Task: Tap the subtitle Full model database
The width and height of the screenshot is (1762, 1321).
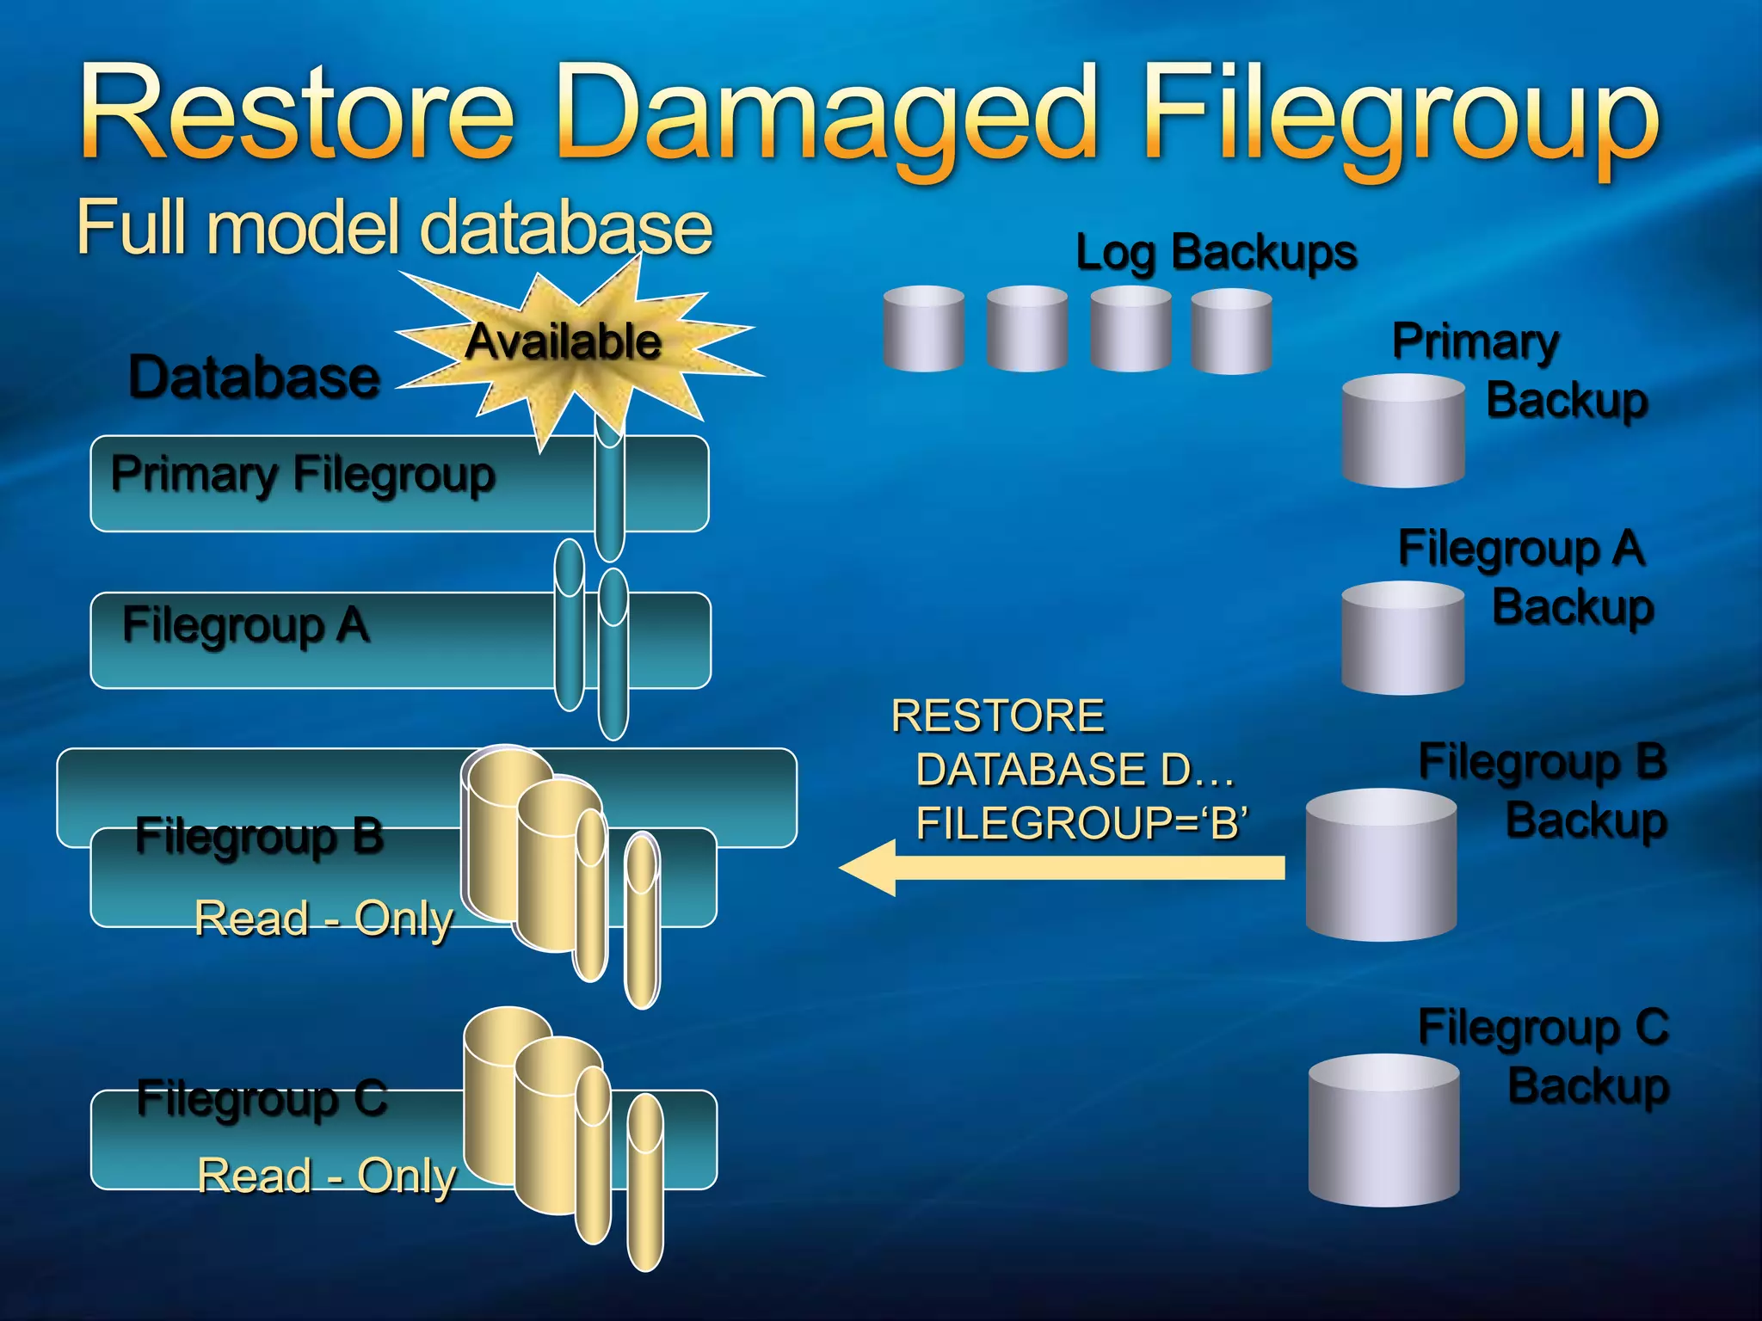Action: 394,227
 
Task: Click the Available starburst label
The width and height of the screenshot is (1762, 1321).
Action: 564,341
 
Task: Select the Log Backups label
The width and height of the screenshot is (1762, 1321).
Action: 1216,253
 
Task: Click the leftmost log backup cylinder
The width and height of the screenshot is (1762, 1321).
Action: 923,329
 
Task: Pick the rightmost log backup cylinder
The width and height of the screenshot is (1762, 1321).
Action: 1231,331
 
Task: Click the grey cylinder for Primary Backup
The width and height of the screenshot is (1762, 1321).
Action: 1402,432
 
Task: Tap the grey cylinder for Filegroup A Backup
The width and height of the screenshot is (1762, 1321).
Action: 1402,638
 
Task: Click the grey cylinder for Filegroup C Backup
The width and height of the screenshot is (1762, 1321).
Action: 1383,1130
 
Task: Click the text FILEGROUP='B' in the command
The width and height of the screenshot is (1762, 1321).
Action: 1081,822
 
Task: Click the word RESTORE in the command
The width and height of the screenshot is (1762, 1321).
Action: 998,716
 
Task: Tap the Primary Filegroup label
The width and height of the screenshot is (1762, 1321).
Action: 303,474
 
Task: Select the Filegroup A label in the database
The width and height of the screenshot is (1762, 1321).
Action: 246,624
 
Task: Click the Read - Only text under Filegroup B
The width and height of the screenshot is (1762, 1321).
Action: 323,919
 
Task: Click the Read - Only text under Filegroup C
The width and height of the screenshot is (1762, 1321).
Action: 327,1176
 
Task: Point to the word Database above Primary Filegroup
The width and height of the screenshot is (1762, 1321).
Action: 254,378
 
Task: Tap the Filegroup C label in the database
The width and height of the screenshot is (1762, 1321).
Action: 262,1098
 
